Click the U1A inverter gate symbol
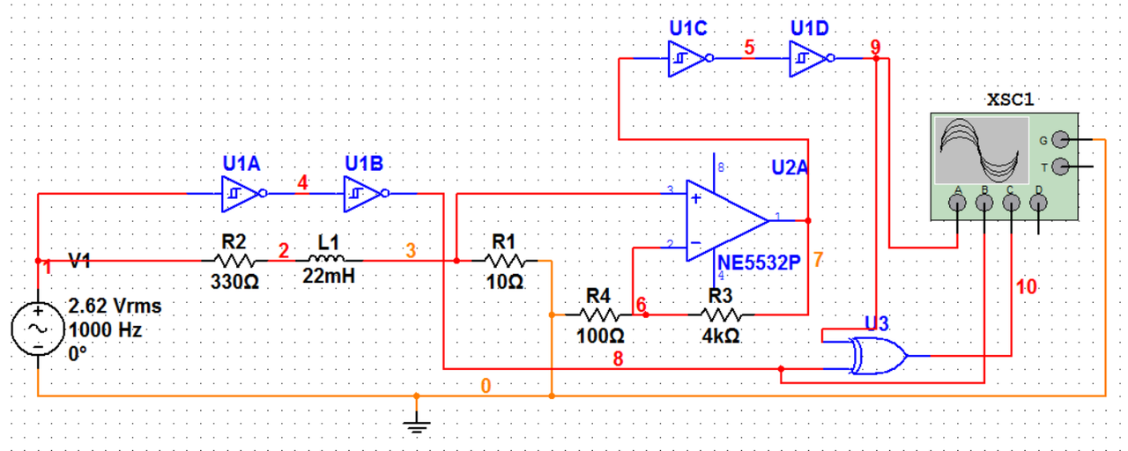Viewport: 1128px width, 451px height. point(241,193)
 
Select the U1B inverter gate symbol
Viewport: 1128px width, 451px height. point(362,193)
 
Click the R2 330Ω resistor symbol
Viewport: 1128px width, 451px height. point(234,261)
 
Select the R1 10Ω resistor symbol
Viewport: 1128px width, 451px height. point(504,261)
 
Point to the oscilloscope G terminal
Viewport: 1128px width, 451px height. point(1060,140)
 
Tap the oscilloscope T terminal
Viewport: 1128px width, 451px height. point(1060,166)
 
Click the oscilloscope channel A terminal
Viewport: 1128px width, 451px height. point(958,203)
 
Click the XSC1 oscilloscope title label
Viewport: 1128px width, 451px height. point(1010,100)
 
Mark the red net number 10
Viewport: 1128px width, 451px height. point(1026,287)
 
